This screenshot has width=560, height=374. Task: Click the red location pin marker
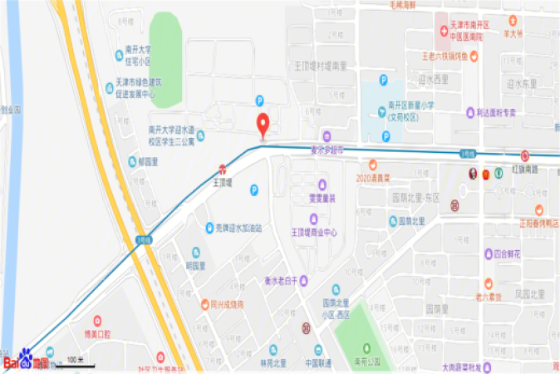pyautogui.click(x=264, y=125)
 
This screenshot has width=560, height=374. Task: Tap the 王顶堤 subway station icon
pyautogui.click(x=222, y=169)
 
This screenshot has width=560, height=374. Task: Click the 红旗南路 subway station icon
pyautogui.click(x=524, y=155)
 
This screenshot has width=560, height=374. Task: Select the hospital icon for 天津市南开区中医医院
pyautogui.click(x=442, y=31)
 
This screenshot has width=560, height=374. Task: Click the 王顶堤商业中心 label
pyautogui.click(x=313, y=232)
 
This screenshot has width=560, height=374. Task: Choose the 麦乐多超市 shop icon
pyautogui.click(x=327, y=136)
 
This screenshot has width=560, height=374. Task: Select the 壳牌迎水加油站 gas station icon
pyautogui.click(x=209, y=227)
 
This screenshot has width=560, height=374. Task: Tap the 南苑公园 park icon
pyautogui.click(x=366, y=347)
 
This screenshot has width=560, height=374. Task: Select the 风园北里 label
pyautogui.click(x=529, y=293)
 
